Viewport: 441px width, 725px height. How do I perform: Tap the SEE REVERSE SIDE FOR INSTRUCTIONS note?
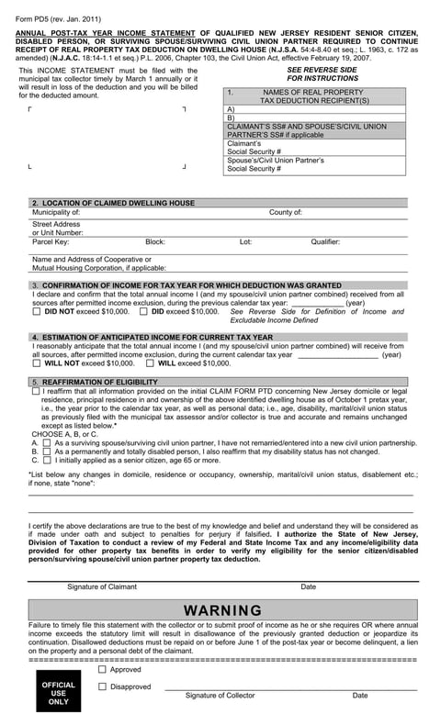click(321, 74)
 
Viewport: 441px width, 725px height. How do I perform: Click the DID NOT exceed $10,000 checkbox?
click(36, 312)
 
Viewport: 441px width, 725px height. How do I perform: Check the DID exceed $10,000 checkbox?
click(143, 312)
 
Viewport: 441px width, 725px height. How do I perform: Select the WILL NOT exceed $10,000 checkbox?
click(36, 363)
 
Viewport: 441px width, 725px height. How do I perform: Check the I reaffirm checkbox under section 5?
click(36, 391)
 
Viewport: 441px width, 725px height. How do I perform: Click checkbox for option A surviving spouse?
click(47, 443)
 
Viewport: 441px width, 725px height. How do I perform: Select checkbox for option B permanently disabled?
click(47, 452)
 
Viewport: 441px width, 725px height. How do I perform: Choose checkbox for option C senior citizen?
click(47, 461)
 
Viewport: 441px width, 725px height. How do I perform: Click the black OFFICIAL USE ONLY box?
click(58, 693)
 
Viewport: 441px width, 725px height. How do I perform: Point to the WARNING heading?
click(222, 610)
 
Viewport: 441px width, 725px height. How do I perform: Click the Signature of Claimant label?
click(102, 586)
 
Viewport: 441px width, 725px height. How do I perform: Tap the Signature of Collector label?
click(220, 696)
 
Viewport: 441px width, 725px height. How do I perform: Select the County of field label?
click(285, 212)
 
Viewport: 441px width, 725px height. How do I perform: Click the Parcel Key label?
click(51, 242)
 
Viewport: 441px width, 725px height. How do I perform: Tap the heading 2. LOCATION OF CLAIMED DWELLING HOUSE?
click(113, 203)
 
